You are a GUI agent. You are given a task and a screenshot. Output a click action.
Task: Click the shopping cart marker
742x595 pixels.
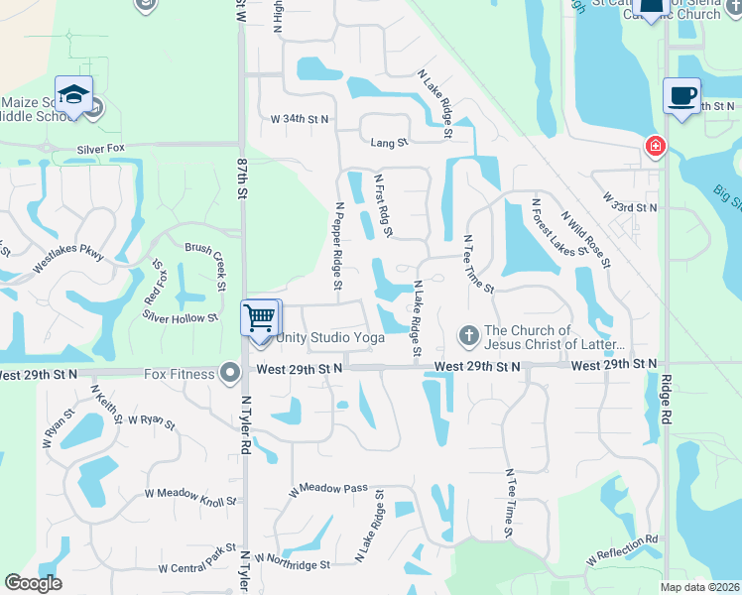[262, 319]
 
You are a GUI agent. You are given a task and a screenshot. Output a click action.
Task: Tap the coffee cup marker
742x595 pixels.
[681, 96]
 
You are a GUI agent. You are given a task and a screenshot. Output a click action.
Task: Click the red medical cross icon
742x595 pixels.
[655, 148]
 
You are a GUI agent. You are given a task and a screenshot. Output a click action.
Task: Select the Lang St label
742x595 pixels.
[389, 143]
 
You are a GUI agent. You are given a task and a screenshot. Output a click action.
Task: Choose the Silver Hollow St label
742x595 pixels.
[180, 318]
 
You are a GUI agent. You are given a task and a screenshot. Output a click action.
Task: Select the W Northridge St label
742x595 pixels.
[292, 564]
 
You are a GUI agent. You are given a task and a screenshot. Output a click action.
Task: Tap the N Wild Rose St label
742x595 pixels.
[585, 238]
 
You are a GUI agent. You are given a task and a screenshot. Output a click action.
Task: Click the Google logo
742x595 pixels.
[33, 583]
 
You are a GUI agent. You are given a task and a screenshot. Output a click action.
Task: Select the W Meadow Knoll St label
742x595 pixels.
[191, 498]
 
